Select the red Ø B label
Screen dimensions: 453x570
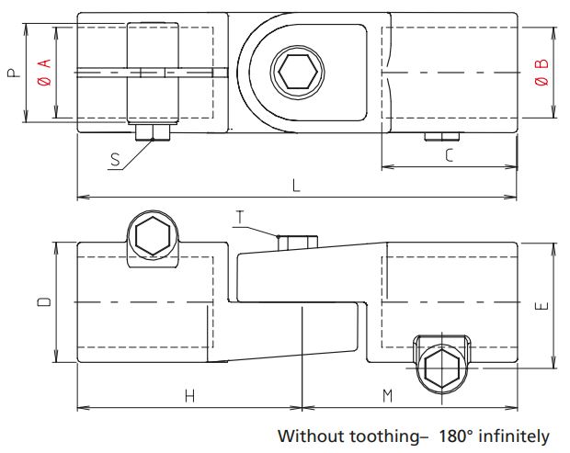541,73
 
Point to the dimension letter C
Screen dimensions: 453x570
448,155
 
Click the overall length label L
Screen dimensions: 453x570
295,186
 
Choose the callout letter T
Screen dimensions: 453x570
240,217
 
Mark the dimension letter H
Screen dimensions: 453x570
189,396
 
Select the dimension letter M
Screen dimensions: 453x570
387,396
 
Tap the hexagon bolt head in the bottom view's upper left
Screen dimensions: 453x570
151,237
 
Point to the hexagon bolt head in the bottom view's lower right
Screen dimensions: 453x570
442,367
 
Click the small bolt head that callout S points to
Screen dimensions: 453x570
153,134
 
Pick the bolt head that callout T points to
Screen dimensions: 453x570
297,243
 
